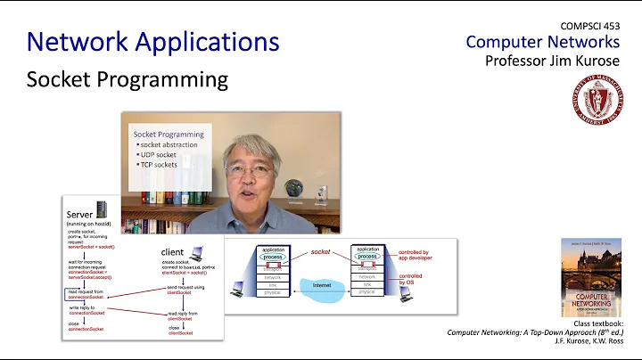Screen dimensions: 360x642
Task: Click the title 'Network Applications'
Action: tap(152, 41)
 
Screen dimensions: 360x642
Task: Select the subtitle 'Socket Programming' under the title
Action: tap(127, 78)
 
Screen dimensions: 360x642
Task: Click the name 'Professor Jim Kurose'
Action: tap(553, 61)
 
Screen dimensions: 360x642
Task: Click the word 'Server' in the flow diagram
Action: tap(82, 215)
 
